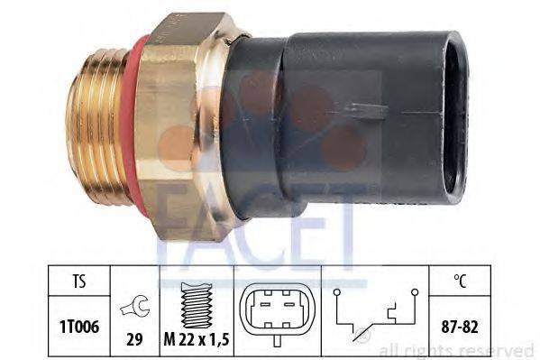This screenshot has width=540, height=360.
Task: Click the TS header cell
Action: (x=78, y=281)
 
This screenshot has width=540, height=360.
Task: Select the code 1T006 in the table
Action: (x=79, y=327)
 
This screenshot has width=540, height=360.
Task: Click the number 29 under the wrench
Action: (x=134, y=339)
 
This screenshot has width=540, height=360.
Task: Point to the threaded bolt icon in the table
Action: (x=197, y=305)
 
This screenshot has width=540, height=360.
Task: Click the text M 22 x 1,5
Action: (x=197, y=340)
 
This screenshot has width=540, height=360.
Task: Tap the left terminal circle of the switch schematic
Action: (x=337, y=292)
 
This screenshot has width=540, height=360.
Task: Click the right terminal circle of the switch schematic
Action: (x=415, y=292)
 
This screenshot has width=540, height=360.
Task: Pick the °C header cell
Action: (x=460, y=281)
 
